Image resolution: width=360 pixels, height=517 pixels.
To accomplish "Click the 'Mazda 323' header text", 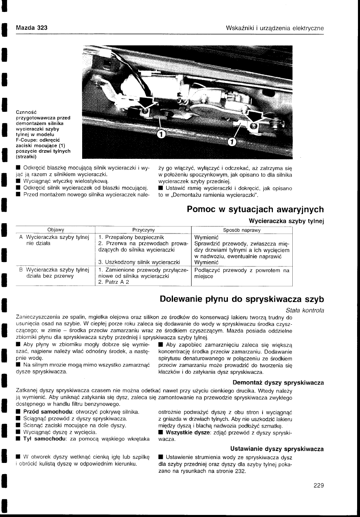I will pos(31,28).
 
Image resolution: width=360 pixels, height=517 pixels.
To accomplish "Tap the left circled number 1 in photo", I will pos(161,134).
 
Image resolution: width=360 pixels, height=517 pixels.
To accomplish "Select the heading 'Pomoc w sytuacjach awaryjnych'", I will pos(255,209).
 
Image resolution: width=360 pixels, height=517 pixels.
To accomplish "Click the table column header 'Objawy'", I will pos(55,230).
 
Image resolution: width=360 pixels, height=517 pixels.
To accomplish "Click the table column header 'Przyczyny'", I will pos(143,230).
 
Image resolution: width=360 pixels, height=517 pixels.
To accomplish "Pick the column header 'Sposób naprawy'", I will pos(242,230).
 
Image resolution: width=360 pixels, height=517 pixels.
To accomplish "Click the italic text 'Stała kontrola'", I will pos(305,310).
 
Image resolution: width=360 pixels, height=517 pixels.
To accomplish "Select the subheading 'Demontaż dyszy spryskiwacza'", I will pos(278,382).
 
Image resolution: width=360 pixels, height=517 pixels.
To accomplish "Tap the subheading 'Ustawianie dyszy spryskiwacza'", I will pos(277,449).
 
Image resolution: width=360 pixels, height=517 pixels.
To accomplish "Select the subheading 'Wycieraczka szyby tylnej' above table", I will pos(286,221).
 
